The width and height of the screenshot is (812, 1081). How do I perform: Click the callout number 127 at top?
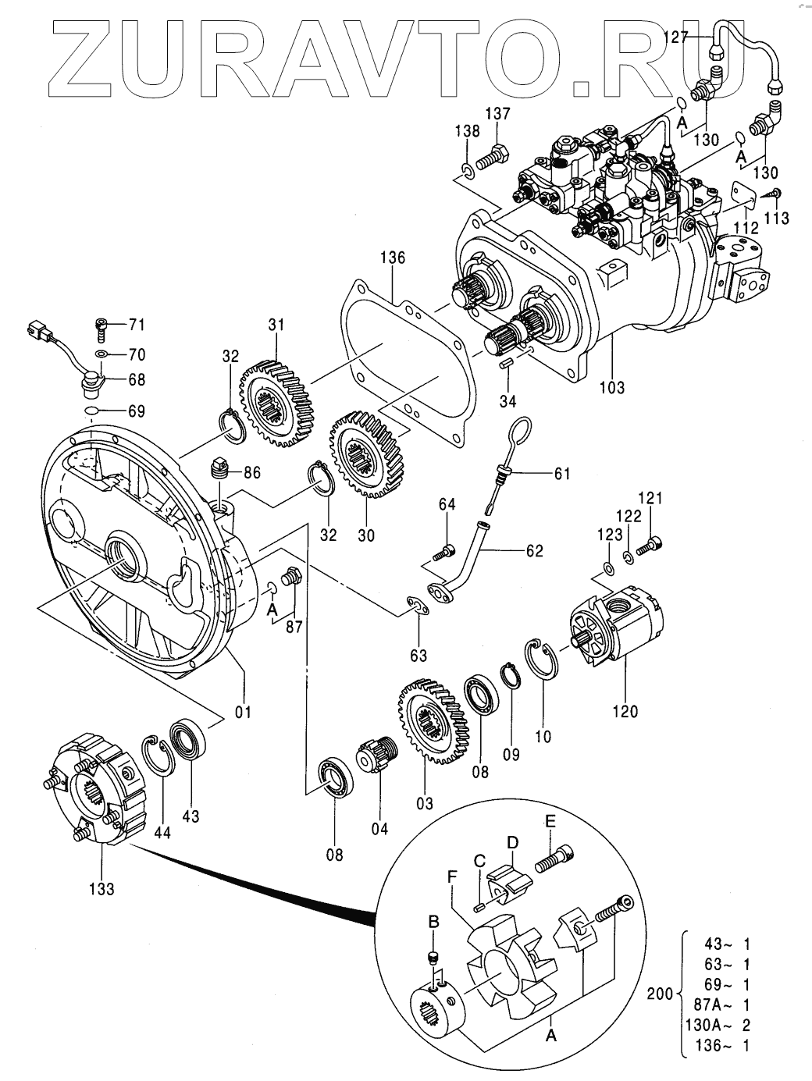(x=676, y=37)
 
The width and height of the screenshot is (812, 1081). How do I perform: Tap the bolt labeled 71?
(x=101, y=329)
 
